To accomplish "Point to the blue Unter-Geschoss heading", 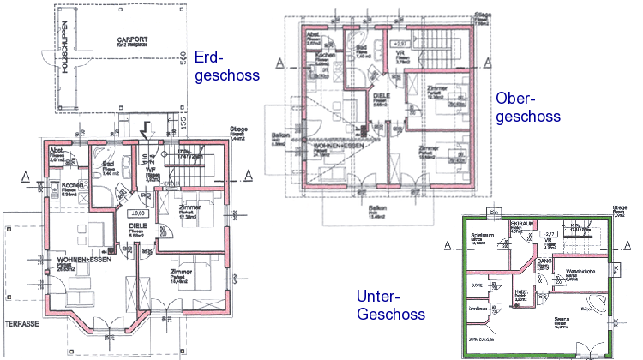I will (390, 305).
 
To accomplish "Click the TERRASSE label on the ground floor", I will (22, 325).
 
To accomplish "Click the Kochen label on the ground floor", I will (70, 185).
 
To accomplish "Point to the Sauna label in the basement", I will (562, 320).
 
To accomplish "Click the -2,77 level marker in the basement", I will (554, 233).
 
